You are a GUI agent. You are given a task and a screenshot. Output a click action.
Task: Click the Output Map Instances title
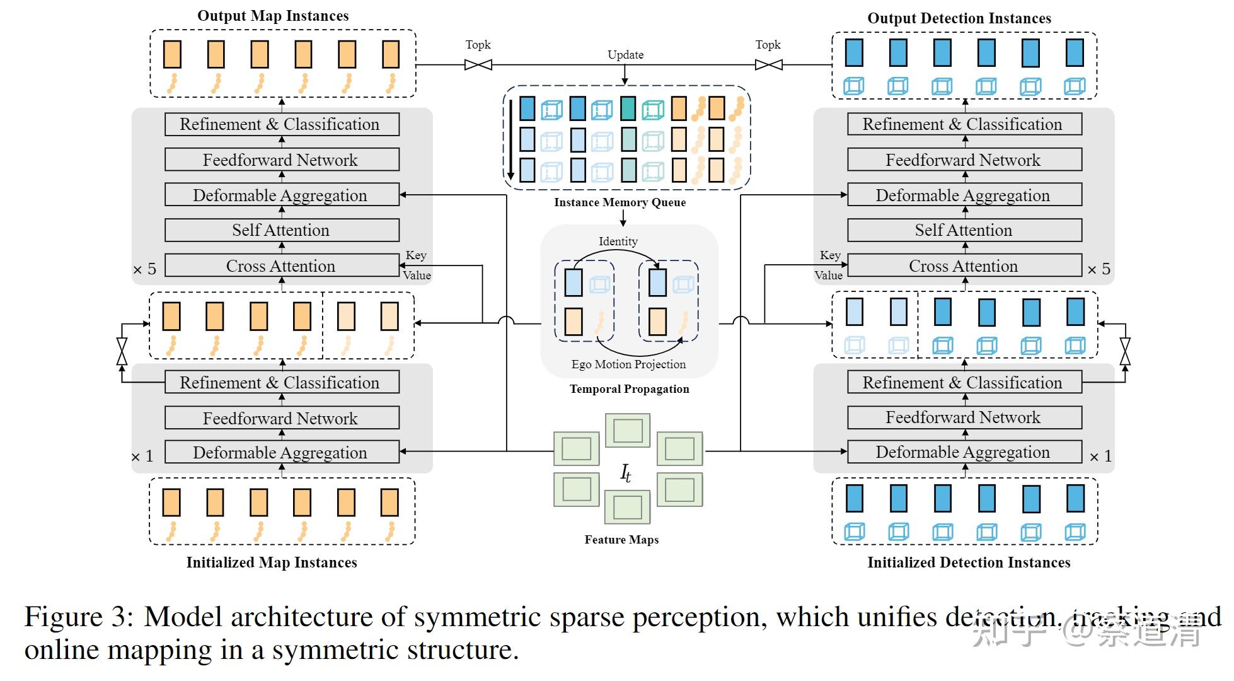click(273, 16)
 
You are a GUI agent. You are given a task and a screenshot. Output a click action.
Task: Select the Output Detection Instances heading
click(959, 18)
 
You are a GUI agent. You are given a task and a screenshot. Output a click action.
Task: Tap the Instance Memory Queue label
click(620, 202)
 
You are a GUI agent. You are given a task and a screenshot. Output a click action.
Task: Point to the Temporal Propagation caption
click(629, 389)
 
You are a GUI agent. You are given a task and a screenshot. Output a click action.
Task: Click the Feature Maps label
click(621, 540)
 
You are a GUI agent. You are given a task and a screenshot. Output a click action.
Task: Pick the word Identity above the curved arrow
click(618, 242)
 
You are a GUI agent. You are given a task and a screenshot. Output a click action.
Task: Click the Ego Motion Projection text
click(628, 364)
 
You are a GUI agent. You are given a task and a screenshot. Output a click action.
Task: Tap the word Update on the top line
click(625, 55)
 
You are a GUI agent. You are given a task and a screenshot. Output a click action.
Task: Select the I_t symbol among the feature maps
click(626, 473)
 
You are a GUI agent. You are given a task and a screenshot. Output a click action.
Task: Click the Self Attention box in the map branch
click(282, 230)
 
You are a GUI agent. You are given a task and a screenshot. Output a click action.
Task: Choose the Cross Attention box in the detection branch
click(964, 266)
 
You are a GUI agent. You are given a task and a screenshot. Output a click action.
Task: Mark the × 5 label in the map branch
click(144, 269)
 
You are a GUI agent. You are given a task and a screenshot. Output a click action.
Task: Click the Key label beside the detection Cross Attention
click(830, 255)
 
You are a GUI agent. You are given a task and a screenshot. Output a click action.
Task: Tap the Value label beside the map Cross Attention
click(417, 276)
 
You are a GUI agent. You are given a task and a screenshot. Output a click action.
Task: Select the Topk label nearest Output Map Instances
click(478, 45)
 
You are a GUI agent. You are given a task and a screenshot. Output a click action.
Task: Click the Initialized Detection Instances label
click(969, 562)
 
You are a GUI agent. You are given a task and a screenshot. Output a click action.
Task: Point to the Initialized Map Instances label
click(272, 562)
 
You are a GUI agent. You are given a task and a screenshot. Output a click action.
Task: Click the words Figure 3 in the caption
click(79, 617)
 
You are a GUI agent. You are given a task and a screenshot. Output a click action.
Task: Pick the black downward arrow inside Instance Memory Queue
click(510, 139)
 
